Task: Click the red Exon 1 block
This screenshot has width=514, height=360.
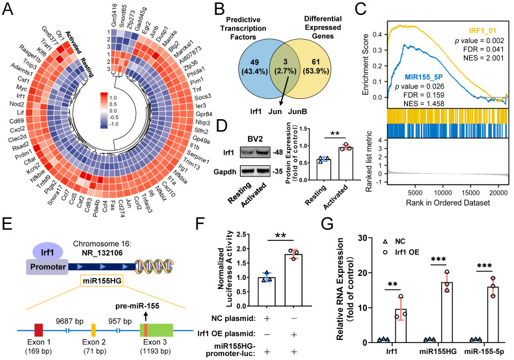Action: tap(39, 328)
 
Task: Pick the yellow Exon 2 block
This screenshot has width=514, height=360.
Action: tap(94, 328)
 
